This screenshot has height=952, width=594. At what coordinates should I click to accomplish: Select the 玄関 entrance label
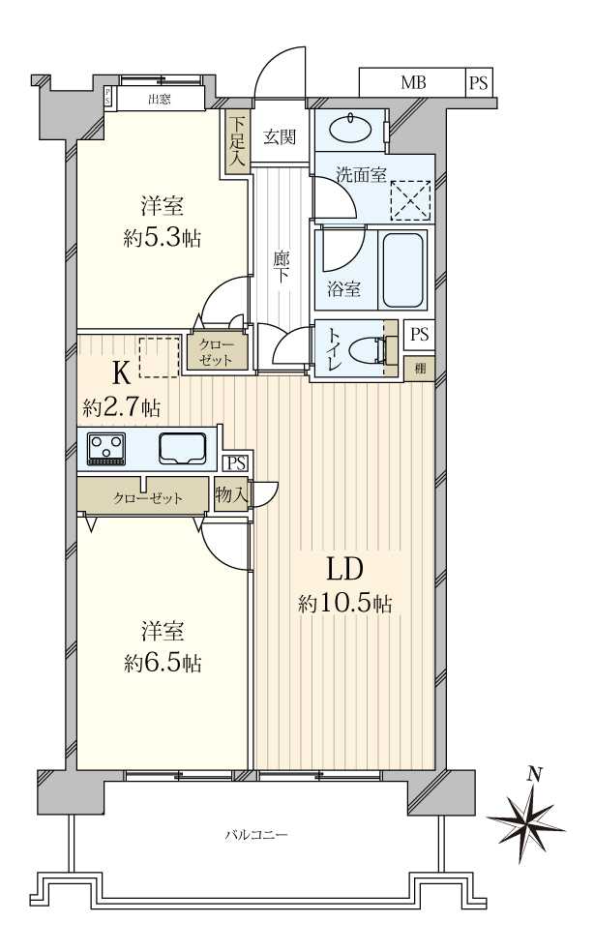(280, 136)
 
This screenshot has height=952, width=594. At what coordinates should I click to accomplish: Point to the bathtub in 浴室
(403, 270)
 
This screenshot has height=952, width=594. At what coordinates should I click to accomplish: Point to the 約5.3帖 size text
(163, 238)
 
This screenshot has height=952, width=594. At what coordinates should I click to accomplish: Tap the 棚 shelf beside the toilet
(419, 368)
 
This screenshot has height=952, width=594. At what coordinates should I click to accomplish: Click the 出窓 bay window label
(161, 98)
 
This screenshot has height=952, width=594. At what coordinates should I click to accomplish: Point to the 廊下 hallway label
(282, 267)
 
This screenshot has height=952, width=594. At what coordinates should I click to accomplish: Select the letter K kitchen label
(122, 372)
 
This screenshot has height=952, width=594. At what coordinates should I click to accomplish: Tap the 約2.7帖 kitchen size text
(122, 407)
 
